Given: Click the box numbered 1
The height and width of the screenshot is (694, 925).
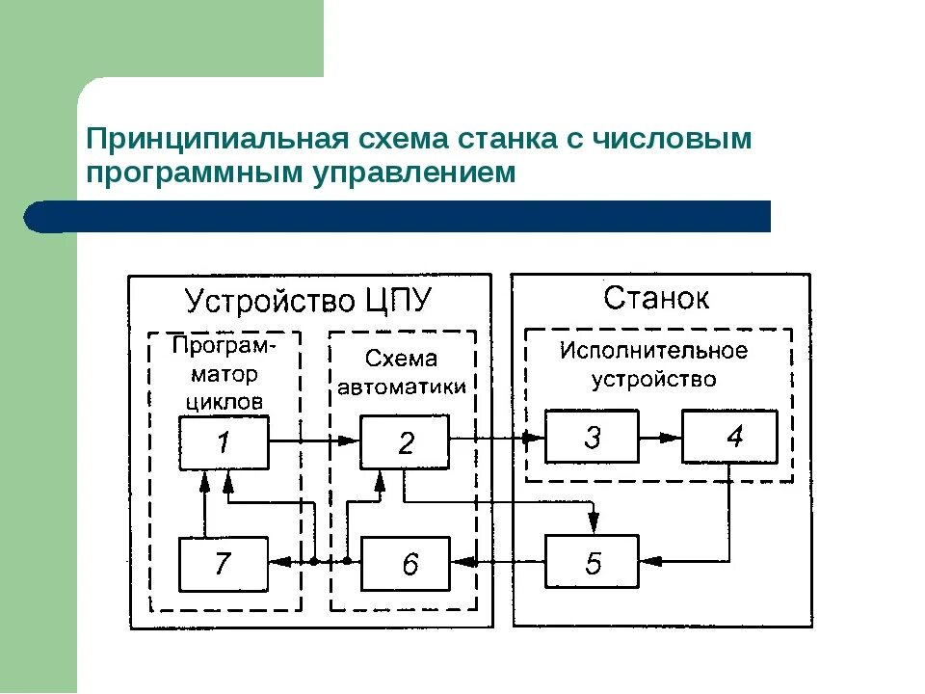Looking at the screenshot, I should pyautogui.click(x=224, y=443).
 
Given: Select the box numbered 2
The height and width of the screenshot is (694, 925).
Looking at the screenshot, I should pyautogui.click(x=405, y=443).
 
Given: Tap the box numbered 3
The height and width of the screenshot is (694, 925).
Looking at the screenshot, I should pyautogui.click(x=592, y=438).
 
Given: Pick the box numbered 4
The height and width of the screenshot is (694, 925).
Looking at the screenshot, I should pyautogui.click(x=729, y=438).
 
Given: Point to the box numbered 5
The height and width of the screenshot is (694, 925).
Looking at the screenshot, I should pyautogui.click(x=592, y=561).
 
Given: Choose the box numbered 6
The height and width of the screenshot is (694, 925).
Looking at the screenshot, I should pyautogui.click(x=405, y=563).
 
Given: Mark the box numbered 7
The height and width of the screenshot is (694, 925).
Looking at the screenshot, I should pyautogui.click(x=224, y=563).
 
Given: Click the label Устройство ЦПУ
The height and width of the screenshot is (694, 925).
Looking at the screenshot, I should pyautogui.click(x=308, y=301).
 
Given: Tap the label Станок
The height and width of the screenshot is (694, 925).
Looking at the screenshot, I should pyautogui.click(x=656, y=298).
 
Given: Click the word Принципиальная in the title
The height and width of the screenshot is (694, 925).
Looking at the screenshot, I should pyautogui.click(x=215, y=139).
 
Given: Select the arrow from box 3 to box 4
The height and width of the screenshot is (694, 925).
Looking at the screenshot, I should pyautogui.click(x=660, y=438).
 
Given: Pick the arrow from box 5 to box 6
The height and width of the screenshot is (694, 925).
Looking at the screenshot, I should pyautogui.click(x=497, y=561).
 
